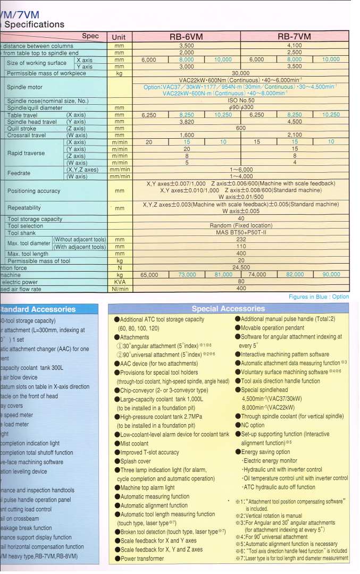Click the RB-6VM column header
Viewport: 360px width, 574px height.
[186, 37]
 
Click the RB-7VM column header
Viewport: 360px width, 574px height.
[294, 37]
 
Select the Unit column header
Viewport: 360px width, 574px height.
[119, 37]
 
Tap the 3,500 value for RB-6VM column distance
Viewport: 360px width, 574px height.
[186, 46]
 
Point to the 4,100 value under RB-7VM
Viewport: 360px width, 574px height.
[294, 46]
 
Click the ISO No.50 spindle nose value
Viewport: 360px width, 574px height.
[241, 100]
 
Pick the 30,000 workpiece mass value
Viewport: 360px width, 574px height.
[241, 73]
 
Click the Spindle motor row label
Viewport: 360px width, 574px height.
[24, 87]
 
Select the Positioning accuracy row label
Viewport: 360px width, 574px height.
[34, 191]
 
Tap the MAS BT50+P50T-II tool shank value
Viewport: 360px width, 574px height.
[241, 232]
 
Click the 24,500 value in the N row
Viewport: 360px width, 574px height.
[241, 267]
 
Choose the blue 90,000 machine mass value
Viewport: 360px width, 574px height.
[331, 274]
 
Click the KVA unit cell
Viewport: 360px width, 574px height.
[119, 282]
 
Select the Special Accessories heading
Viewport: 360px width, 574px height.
[228, 309]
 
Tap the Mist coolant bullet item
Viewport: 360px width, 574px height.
[135, 443]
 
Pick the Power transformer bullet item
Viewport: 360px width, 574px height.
[142, 559]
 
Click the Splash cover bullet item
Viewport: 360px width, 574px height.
[136, 461]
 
